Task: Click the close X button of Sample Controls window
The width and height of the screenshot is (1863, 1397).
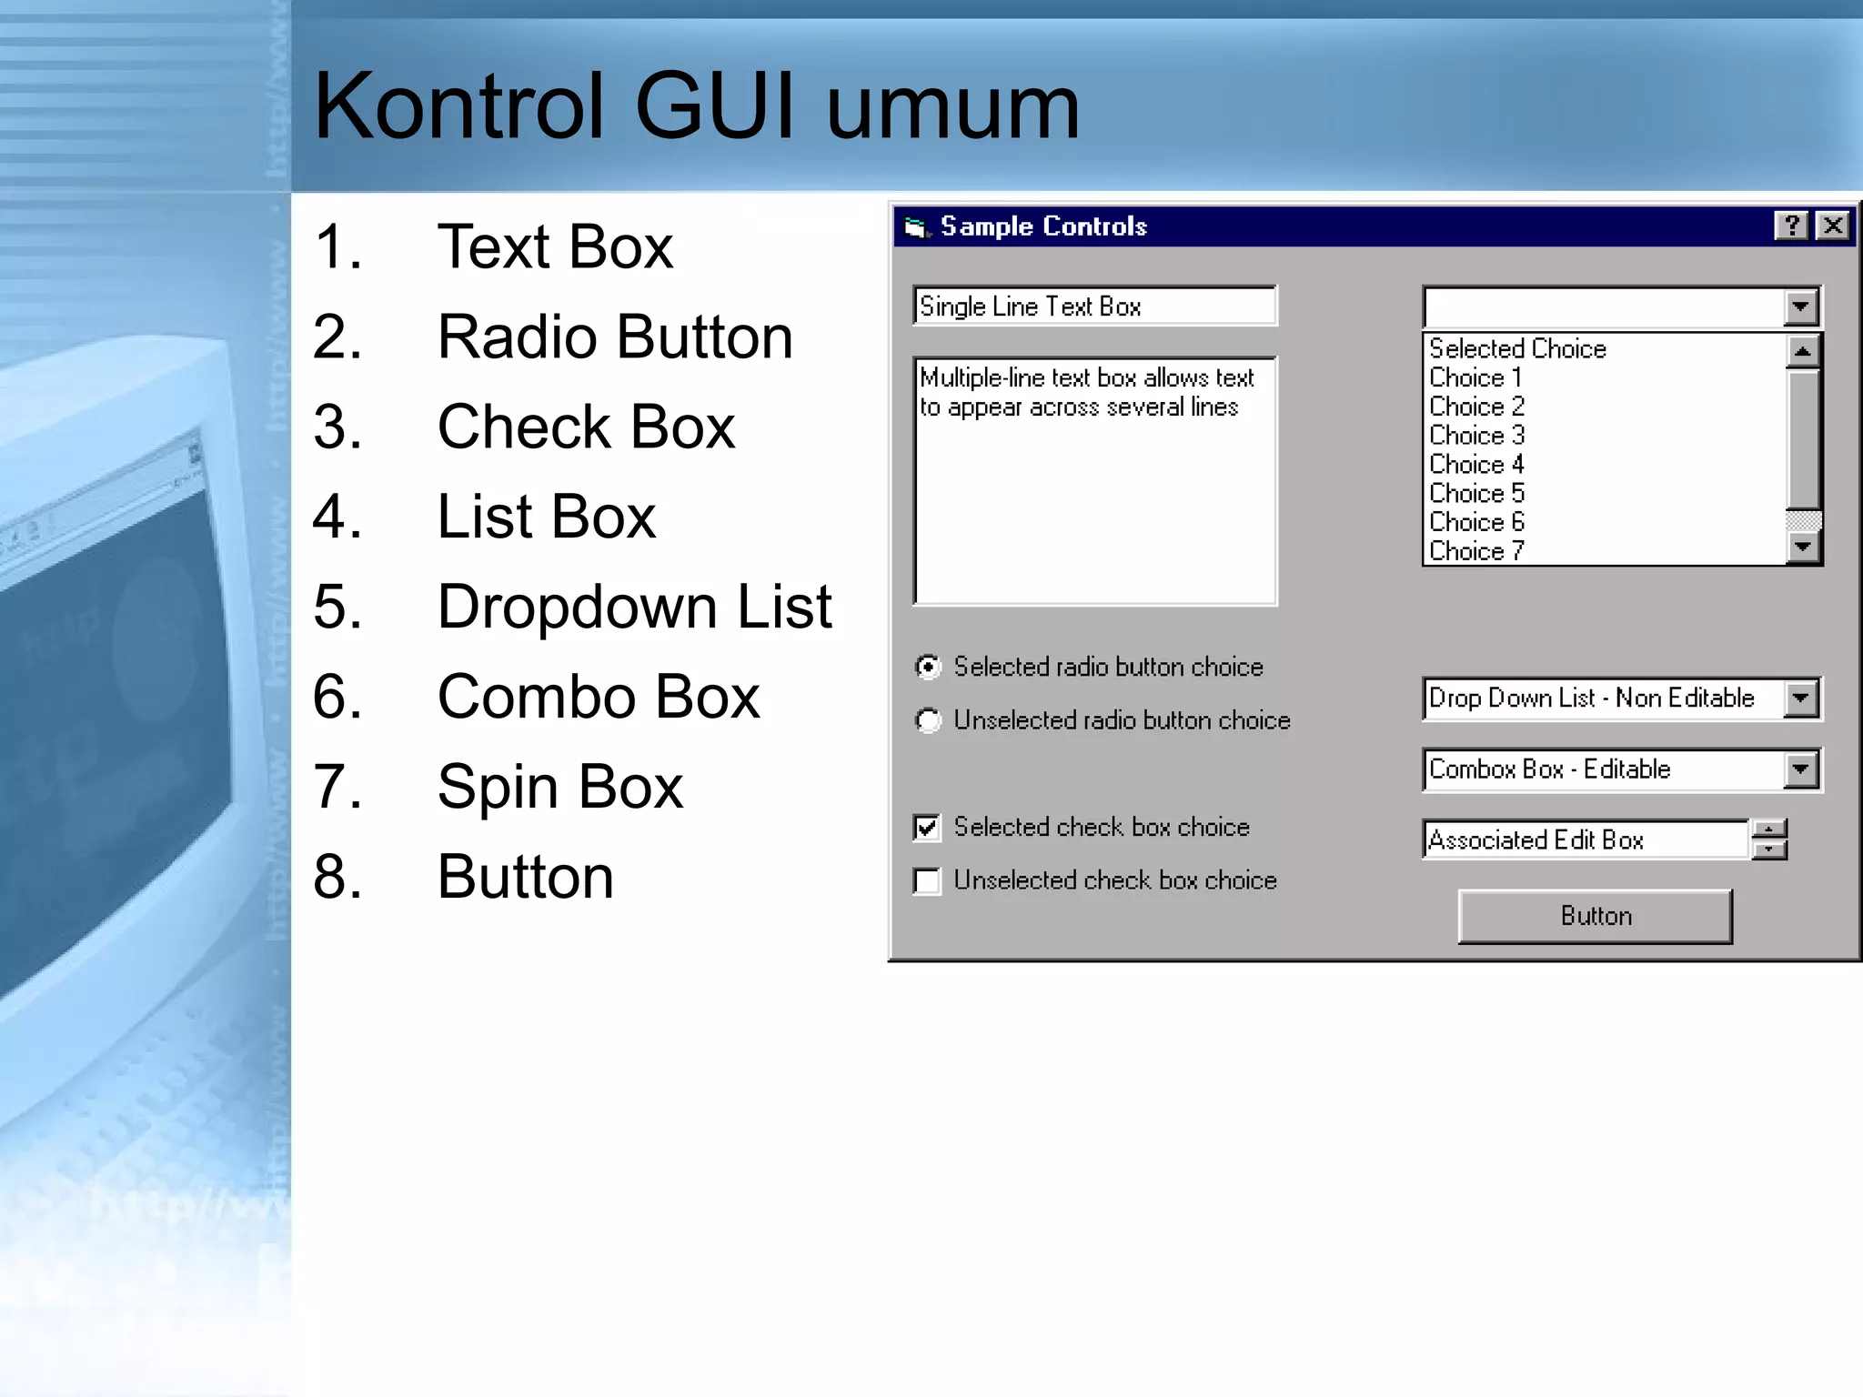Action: (1833, 226)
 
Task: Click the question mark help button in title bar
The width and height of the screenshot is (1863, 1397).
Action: (1791, 226)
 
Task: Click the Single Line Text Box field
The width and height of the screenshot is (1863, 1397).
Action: (1094, 307)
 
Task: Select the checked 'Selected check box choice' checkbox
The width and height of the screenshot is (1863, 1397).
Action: (927, 828)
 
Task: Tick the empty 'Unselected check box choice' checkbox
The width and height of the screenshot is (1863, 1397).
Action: (927, 881)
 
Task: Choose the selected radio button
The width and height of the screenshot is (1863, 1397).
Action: (928, 668)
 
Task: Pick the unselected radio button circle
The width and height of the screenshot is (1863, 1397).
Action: (928, 721)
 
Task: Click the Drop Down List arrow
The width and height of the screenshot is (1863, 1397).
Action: (1801, 698)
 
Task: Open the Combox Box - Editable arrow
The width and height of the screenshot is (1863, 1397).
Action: (1801, 769)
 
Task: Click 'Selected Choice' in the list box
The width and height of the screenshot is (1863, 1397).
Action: (1517, 348)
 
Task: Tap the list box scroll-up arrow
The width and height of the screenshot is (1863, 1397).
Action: (1803, 351)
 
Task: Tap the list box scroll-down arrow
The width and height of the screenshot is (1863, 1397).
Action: (1803, 547)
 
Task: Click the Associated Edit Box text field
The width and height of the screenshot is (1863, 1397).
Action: (1585, 839)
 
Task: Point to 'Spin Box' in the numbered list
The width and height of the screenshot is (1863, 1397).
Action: (559, 787)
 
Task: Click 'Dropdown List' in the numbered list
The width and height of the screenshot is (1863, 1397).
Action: (634, 607)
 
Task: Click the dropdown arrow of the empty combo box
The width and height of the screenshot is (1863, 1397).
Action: (1801, 307)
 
